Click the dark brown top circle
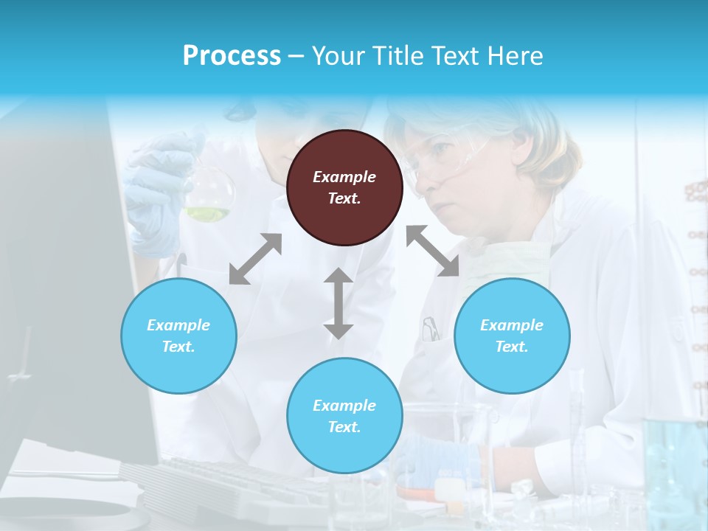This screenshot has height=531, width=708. [344, 188]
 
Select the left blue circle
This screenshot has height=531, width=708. [178, 336]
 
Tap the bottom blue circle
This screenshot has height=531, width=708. [344, 416]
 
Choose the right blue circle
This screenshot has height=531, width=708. [512, 336]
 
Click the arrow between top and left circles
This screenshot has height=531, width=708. [256, 259]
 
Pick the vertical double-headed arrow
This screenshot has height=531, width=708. [338, 303]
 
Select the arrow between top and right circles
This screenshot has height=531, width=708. [433, 251]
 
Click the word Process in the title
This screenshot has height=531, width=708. [232, 55]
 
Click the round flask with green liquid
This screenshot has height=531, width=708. [209, 195]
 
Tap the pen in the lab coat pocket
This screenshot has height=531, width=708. [430, 328]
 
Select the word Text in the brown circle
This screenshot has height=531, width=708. [344, 198]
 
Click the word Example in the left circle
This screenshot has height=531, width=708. [178, 325]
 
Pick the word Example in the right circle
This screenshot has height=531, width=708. [512, 325]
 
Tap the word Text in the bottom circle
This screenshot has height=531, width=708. [344, 427]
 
